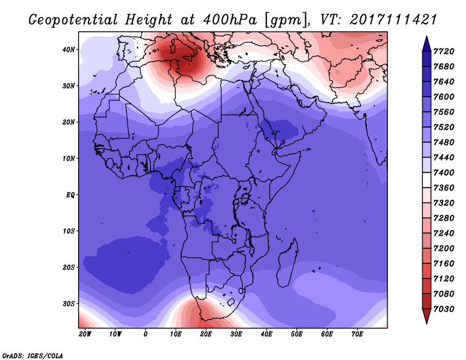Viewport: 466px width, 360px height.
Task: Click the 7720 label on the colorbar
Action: pos(444,51)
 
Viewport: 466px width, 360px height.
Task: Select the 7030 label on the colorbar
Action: pos(444,309)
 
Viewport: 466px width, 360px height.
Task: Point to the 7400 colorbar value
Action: pos(444,172)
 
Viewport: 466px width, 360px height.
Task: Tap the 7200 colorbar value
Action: pos(444,248)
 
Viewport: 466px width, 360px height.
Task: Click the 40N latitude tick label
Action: pos(69,50)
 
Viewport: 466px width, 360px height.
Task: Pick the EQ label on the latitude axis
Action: pos(70,195)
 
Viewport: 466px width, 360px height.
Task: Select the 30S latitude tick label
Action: pos(69,304)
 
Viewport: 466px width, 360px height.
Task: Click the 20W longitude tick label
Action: pos(85,334)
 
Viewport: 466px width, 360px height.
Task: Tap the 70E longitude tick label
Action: pos(357,334)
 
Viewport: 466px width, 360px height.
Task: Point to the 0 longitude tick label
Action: pos(145,334)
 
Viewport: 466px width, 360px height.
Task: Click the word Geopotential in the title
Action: pos(73,20)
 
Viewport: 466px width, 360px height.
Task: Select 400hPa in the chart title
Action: pos(230,20)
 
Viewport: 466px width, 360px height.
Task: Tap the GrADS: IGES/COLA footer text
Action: pos(33,355)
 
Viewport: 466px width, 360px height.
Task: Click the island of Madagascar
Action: pos(288,263)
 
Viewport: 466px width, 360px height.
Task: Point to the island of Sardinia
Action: pos(172,48)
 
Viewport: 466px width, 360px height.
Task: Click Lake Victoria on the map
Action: pos(245,197)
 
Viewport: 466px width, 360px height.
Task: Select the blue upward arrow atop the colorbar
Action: pos(426,44)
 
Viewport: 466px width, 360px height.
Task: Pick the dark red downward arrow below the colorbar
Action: pos(426,316)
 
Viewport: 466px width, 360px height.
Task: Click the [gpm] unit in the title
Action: pos(285,20)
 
